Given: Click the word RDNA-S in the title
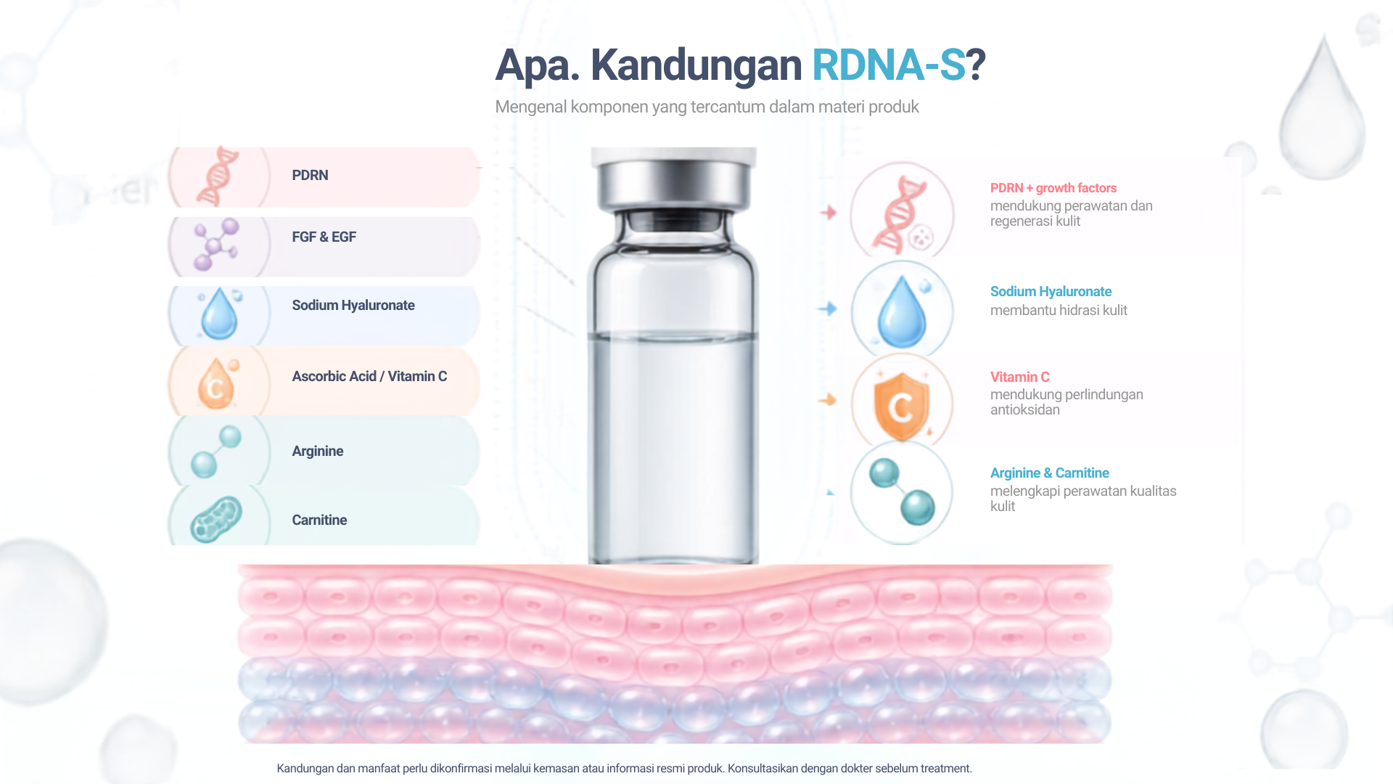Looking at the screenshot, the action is pos(888,65).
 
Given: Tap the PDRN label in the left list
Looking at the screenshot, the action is pos(310,175).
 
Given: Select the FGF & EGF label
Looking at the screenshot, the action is pos(324,237).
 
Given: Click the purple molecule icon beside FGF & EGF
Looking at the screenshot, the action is pos(215,244).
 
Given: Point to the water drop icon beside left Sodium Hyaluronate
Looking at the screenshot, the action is pos(219,314).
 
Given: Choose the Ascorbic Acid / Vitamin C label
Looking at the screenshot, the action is pos(369,376).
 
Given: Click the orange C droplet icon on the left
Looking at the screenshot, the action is pos(216,383).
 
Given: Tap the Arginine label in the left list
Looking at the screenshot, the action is pos(318,451).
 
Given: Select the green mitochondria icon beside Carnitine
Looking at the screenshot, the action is pos(215,519).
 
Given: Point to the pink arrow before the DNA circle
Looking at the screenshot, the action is pos(828,213).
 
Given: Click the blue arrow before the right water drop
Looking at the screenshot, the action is pos(827,309).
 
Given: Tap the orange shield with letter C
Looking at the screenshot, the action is pos(901,407).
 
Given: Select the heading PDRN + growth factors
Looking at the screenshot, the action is pos(1053,188).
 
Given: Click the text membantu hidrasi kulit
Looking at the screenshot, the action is pos(1059,311).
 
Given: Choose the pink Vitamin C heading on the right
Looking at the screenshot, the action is pos(1019,377).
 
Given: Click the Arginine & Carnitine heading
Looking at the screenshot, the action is pos(1049,473).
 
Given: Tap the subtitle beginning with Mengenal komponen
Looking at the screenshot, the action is pos(707,107).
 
